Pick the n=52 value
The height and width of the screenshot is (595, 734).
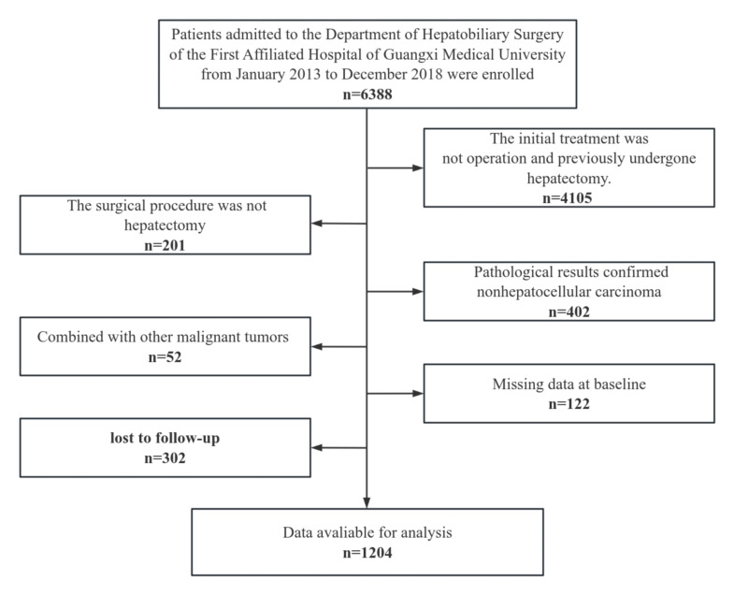tap(165, 356)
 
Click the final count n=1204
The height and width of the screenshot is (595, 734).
tap(366, 553)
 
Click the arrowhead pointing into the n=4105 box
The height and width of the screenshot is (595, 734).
tap(418, 170)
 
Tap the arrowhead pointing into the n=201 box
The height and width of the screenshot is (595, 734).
tap(316, 224)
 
